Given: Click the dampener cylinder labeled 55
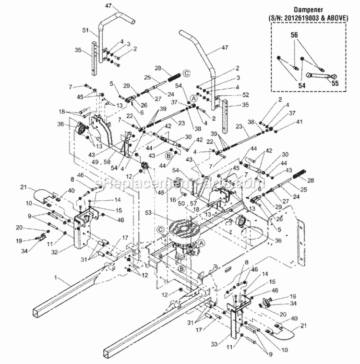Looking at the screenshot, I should pyautogui.click(x=321, y=73).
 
